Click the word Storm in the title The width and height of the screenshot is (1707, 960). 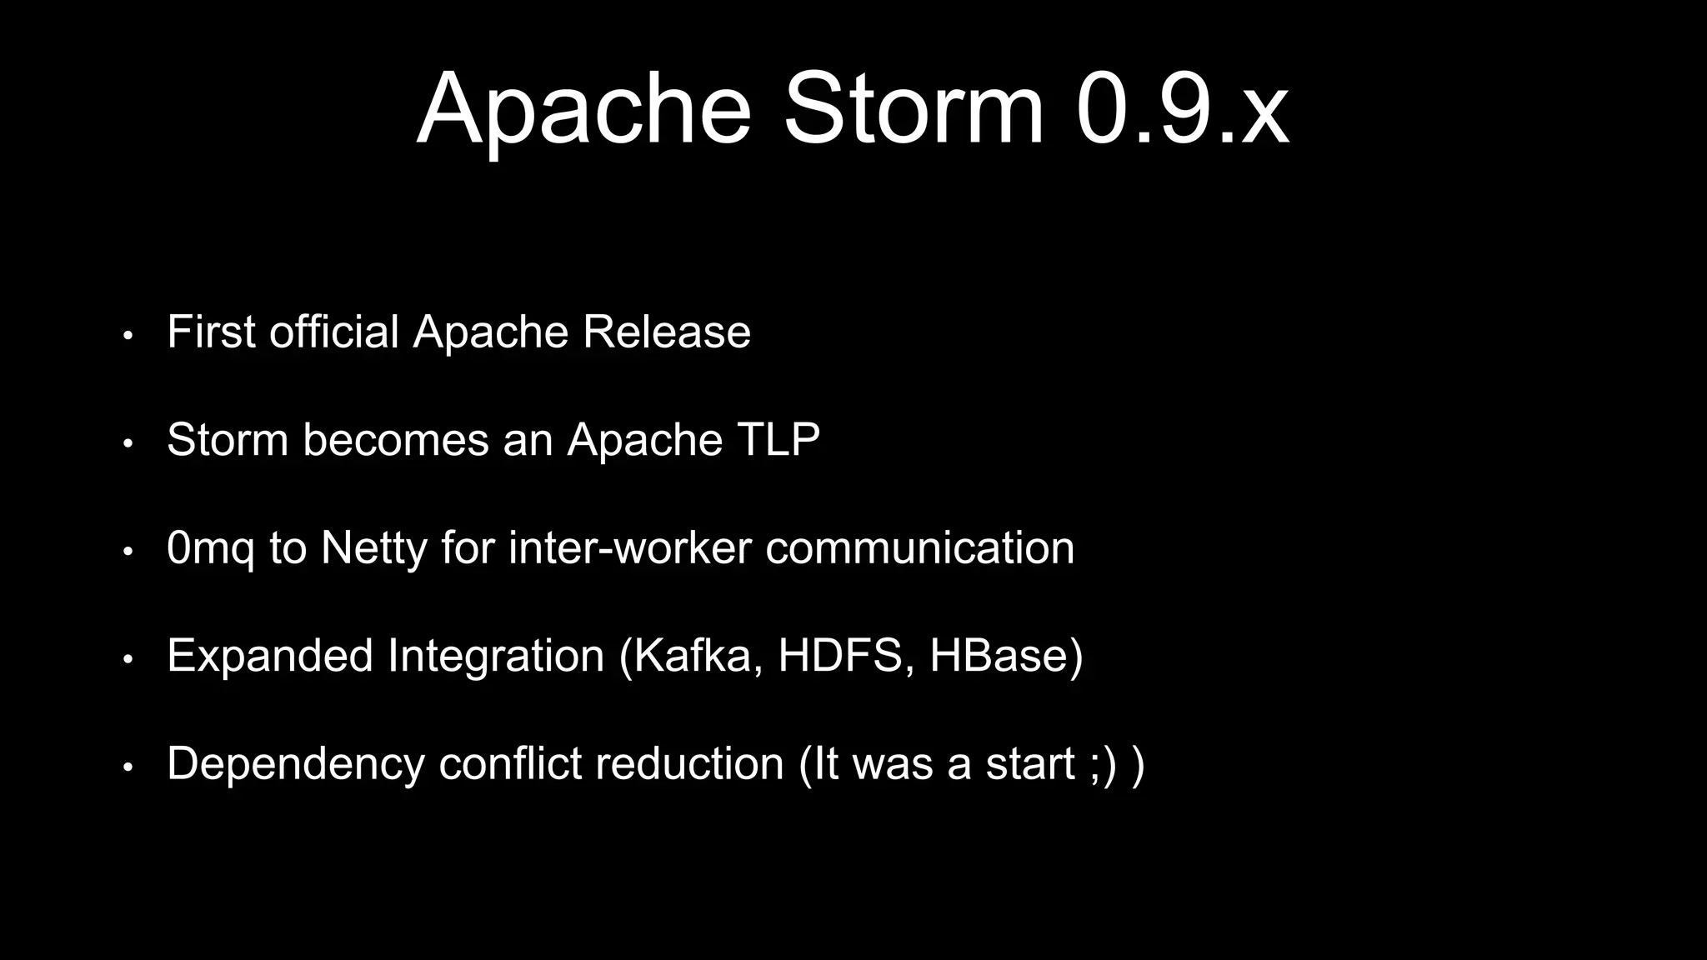point(913,110)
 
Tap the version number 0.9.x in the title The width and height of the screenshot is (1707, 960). point(1182,110)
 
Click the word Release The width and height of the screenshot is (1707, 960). point(666,332)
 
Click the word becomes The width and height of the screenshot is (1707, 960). point(395,439)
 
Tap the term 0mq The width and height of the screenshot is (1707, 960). point(211,549)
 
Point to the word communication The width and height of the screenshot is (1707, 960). point(919,547)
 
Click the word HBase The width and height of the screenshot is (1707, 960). point(999,655)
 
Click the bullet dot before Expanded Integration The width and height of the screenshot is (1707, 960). point(128,659)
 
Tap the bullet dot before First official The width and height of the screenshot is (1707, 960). point(128,336)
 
